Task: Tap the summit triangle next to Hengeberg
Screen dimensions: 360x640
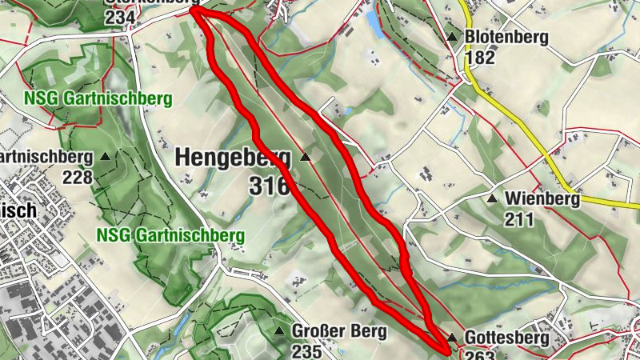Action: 305,158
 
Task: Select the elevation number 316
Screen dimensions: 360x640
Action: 268,186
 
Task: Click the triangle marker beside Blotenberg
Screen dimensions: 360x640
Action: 453,37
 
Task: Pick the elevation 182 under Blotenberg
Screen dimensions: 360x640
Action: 480,57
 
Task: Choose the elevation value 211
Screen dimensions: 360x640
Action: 520,218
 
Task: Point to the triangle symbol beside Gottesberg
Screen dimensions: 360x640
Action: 452,338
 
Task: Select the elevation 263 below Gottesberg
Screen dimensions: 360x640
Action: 480,354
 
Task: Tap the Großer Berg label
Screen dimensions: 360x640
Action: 339,330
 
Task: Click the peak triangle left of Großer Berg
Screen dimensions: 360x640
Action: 279,330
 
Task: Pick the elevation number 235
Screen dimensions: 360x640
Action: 307,350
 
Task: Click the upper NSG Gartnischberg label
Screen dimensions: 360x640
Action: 98,99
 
